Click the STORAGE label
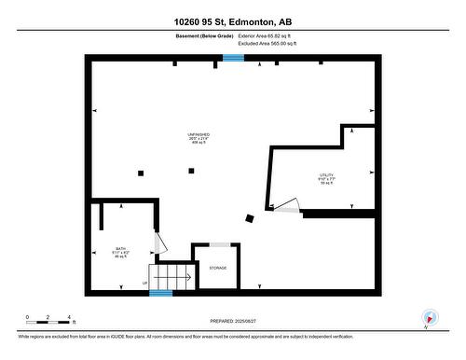point(217,268)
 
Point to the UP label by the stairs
point(144,283)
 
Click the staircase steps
point(173,277)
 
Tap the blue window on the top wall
point(233,58)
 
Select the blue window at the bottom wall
point(161,294)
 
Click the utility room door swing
point(288,205)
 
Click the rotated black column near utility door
point(249,219)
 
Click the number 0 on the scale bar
point(28,317)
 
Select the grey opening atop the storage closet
point(220,244)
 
